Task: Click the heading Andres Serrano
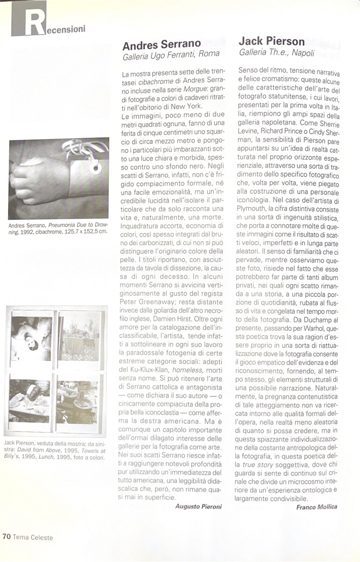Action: (162, 45)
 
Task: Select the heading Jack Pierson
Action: (272, 42)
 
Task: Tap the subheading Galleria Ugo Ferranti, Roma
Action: (171, 55)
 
